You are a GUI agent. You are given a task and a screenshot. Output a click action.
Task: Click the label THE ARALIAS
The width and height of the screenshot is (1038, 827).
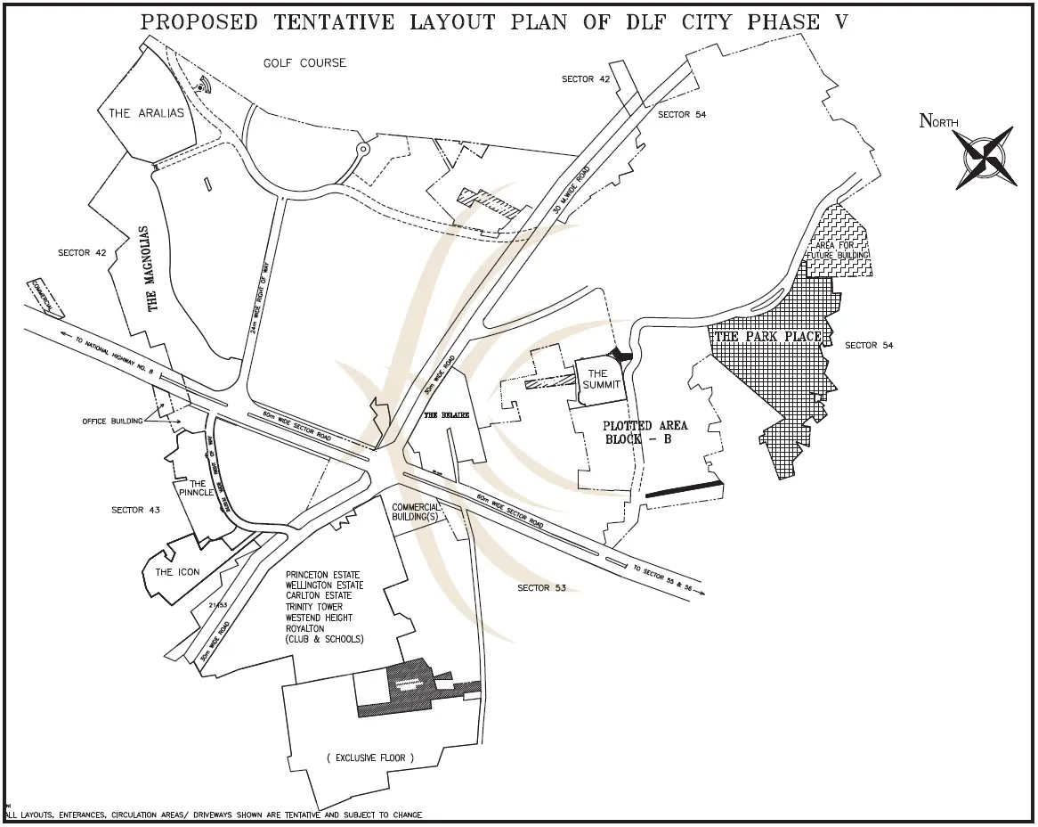(146, 113)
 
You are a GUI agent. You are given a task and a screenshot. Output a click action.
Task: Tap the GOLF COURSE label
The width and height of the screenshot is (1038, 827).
(304, 63)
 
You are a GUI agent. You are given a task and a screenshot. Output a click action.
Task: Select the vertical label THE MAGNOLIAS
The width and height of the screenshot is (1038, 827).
(152, 268)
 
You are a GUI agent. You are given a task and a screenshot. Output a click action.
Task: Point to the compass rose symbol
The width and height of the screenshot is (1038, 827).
(985, 157)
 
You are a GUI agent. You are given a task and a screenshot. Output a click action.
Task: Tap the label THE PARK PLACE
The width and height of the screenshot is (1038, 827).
(768, 337)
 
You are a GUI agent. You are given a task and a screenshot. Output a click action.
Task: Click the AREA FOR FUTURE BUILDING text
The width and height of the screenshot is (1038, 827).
(837, 250)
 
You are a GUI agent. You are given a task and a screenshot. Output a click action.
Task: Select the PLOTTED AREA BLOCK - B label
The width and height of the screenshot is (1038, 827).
(639, 432)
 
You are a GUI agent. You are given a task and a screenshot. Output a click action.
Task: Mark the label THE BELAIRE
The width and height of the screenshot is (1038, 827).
(443, 415)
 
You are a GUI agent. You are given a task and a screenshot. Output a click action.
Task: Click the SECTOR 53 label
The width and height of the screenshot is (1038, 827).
(542, 588)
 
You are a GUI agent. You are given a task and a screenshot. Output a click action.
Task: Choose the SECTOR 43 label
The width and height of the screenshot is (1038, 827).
(135, 510)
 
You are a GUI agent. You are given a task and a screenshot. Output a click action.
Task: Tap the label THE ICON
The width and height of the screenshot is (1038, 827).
(177, 572)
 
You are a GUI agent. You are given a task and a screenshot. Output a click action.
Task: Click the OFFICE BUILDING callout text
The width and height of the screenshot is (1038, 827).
(112, 422)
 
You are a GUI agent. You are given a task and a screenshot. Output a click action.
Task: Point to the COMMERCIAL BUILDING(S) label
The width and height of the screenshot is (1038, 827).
(416, 512)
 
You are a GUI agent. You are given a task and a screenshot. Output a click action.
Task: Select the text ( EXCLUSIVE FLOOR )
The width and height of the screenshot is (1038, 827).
(369, 758)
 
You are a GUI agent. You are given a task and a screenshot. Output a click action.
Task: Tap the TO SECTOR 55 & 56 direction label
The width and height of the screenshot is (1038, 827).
(662, 578)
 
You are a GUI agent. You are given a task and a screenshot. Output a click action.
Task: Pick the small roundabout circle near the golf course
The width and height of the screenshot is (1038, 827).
(361, 149)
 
